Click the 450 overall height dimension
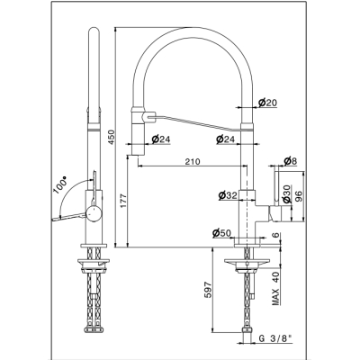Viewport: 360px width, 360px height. [x=111, y=138]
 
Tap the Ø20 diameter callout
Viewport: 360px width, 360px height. [x=267, y=103]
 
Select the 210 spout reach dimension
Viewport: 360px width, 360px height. [x=193, y=162]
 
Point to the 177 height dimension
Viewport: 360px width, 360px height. [x=123, y=202]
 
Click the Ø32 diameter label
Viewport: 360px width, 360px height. [x=228, y=195]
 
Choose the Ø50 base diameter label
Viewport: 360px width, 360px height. [x=221, y=233]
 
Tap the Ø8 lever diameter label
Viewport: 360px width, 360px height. [x=290, y=161]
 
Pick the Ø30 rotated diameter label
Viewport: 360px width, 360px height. [x=286, y=193]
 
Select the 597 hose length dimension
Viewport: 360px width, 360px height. [x=209, y=290]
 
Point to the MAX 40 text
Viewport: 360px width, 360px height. [x=276, y=287]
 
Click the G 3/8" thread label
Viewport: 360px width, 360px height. [x=275, y=338]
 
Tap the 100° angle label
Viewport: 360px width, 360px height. [x=60, y=186]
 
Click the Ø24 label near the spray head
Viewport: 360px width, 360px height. [x=161, y=139]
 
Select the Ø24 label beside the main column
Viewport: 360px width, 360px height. [x=225, y=139]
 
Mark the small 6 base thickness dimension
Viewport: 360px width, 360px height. [x=276, y=235]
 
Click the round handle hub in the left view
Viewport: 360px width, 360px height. [x=94, y=213]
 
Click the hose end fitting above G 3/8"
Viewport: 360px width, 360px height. [x=247, y=330]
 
